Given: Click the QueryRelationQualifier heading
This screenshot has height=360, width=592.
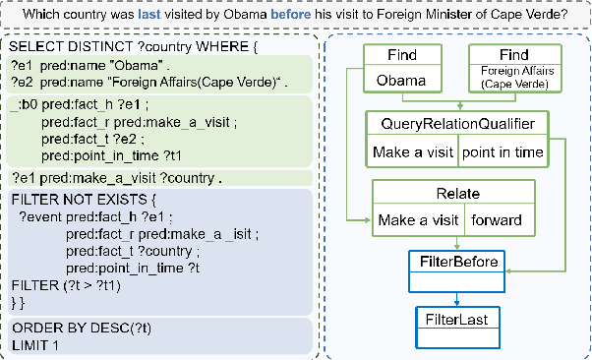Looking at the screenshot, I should pos(455,124).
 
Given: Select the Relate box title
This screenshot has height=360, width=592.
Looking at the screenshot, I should pos(455,193).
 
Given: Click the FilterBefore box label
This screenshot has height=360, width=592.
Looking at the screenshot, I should pos(455,261).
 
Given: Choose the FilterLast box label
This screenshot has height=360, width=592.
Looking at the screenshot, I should pos(455,320).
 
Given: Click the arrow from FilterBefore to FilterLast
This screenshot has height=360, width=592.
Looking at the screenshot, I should pos(455,297).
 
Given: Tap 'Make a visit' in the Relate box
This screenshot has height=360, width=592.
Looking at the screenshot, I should pos(417,220).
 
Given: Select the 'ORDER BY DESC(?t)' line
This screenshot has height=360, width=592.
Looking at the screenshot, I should pos(71,329).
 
